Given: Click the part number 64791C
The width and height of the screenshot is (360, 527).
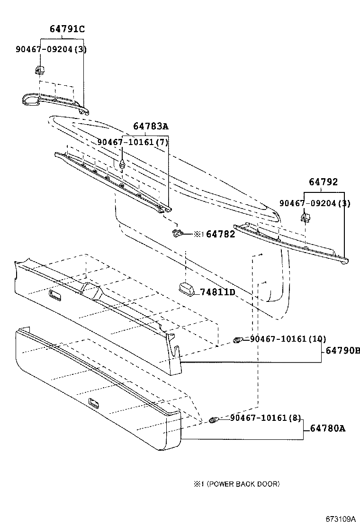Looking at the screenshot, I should point(67,29).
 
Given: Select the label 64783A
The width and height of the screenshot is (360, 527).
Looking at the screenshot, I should point(151,126).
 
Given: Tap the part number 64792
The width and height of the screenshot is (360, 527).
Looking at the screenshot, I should point(324,182).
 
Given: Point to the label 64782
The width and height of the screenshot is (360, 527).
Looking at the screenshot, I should point(221,234).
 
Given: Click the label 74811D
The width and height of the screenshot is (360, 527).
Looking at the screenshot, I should point(217,292).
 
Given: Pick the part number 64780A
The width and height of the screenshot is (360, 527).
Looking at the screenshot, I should point(328,429).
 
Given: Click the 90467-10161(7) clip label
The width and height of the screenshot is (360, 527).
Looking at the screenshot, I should point(133,142).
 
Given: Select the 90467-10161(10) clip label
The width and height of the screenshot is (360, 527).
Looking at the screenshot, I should point(288,339).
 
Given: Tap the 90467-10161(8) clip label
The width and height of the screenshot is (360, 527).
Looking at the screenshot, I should point(266,418).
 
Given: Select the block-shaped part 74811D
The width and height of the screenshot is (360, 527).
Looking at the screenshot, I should point(188,289).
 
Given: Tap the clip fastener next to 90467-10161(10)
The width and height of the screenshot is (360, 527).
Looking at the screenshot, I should point(239,339).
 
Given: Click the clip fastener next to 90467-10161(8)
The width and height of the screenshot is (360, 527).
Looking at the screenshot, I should point(214,420).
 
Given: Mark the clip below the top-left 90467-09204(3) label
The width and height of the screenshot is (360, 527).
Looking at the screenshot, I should point(40,71).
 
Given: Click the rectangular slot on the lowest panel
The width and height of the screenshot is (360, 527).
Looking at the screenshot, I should point(94,404).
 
